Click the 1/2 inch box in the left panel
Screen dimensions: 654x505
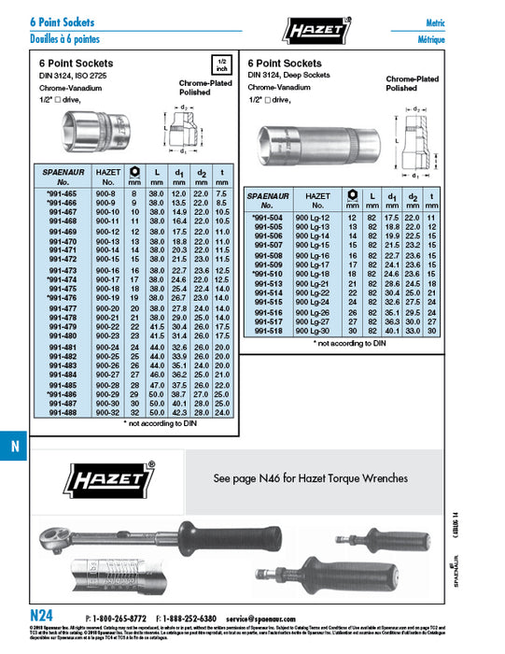click(221, 65)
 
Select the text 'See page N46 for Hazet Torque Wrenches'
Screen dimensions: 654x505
click(311, 478)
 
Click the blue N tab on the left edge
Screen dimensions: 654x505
click(13, 447)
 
